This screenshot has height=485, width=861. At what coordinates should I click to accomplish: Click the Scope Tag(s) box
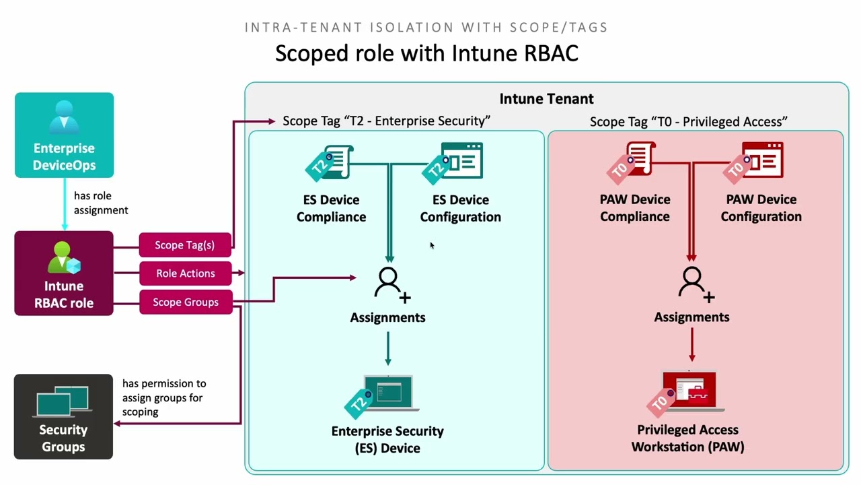(x=185, y=245)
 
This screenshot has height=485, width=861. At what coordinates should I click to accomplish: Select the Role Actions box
(x=185, y=273)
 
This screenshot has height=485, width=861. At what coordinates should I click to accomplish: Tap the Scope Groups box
(x=186, y=302)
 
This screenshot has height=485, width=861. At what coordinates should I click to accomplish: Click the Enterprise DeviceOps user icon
(x=64, y=117)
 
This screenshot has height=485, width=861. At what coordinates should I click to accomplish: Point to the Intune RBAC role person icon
(x=64, y=257)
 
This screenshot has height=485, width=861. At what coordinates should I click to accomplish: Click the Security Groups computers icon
(x=63, y=401)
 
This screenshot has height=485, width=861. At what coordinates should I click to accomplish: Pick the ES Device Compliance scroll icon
(x=330, y=162)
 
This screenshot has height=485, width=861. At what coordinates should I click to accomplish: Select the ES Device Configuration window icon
(x=453, y=162)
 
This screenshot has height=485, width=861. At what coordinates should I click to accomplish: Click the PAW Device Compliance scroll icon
(x=631, y=161)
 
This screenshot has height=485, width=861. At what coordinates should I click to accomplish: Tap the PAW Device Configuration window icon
(x=753, y=161)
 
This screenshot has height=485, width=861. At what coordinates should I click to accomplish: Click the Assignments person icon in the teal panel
(x=392, y=285)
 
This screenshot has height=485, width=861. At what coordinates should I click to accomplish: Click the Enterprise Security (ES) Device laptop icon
(x=382, y=396)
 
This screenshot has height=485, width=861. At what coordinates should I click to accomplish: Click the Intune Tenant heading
(x=546, y=99)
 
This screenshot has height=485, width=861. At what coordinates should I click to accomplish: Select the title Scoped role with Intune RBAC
(x=426, y=53)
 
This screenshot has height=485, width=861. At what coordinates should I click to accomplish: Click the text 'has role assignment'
(x=101, y=203)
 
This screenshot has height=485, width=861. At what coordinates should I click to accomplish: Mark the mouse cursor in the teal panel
(x=432, y=245)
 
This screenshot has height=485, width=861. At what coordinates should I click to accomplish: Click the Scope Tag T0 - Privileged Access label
(x=688, y=122)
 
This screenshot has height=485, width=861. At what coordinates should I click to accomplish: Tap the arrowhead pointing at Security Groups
(x=117, y=424)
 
